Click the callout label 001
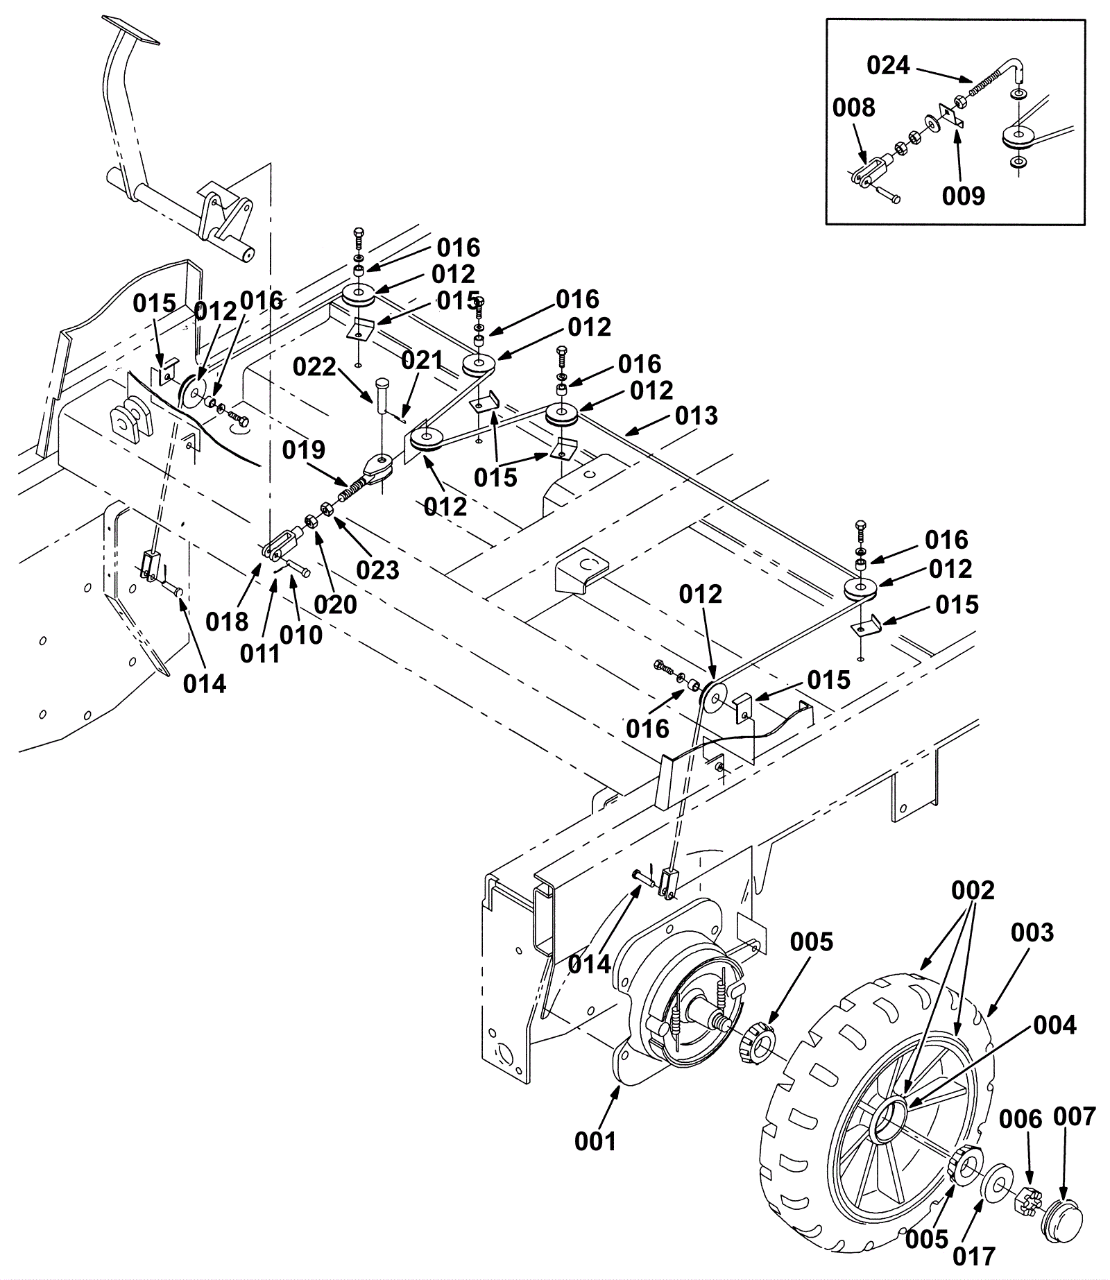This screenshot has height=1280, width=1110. (595, 1141)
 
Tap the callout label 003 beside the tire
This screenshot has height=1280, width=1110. (1032, 933)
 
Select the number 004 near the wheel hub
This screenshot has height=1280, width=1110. (1055, 1025)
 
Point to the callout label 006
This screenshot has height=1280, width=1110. (1021, 1119)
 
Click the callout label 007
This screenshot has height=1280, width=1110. (1075, 1117)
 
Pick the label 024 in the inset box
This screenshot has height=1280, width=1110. (888, 66)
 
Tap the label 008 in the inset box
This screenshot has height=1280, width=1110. (855, 108)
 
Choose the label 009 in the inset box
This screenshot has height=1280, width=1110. (964, 196)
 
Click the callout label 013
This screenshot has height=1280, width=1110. (697, 416)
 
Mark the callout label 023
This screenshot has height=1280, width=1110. (378, 570)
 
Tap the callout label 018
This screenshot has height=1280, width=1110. (227, 622)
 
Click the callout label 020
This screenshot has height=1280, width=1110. (335, 604)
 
